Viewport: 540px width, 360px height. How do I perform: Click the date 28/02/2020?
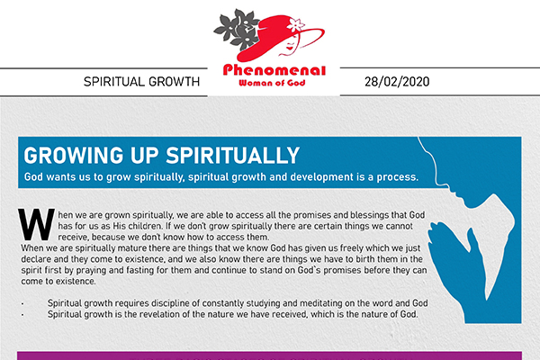(397, 82)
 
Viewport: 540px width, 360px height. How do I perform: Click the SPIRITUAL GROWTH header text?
(141, 82)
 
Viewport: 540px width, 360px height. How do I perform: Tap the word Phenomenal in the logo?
(274, 70)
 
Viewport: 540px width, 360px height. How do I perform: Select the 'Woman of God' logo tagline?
(272, 83)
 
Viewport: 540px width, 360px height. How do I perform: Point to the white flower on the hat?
(296, 24)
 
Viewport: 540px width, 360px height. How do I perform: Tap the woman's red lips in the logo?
(289, 48)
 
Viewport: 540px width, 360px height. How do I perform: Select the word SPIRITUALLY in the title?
(232, 156)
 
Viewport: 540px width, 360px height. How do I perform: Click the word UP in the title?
(144, 156)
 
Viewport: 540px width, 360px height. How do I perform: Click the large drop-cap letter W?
(36, 224)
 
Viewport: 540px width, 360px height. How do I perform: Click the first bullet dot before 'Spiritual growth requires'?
(22, 304)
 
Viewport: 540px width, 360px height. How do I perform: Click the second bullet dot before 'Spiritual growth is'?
(22, 315)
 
